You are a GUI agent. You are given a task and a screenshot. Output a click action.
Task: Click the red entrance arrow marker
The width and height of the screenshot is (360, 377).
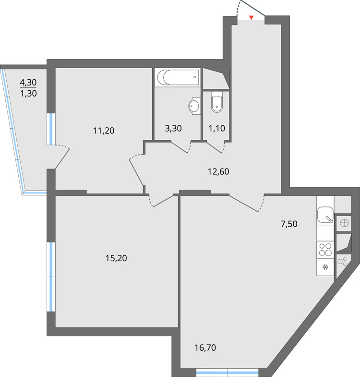[251, 18]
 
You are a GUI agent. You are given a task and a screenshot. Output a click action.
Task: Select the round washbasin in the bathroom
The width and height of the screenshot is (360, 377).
[195, 106]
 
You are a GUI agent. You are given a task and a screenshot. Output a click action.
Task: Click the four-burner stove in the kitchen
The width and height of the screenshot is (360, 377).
[325, 249]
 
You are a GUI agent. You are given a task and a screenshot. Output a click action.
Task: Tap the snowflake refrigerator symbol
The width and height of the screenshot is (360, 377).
[325, 267]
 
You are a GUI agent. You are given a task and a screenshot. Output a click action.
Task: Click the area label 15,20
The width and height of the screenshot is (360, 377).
[116, 258]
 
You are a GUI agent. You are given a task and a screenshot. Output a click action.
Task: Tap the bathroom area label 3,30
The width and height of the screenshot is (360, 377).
[173, 129]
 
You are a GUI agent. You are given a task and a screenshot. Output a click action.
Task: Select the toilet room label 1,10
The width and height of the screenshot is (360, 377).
[217, 129]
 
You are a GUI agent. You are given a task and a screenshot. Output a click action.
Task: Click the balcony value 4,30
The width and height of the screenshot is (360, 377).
[28, 82]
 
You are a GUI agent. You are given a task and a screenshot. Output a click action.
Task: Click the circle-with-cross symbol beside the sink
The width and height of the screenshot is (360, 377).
[343, 222]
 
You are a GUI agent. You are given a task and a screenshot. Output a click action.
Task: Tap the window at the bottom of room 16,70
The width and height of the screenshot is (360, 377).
[228, 371]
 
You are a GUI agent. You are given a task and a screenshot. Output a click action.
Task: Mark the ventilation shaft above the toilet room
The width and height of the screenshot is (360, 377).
[216, 78]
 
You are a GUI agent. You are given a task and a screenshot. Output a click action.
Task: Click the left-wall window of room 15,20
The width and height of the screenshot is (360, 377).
[50, 277]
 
